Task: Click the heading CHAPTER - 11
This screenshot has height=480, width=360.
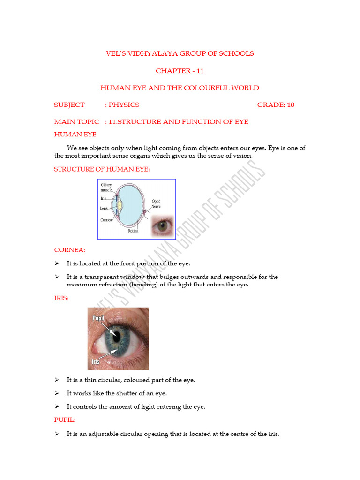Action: click(180, 71)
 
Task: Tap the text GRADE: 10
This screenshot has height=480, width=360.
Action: click(276, 105)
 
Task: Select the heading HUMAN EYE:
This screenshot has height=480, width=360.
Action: click(75, 135)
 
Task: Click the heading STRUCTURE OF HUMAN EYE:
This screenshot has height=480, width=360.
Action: click(102, 169)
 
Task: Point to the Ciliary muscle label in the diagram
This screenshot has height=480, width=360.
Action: click(106, 187)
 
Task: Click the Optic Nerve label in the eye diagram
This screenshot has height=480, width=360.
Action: click(156, 203)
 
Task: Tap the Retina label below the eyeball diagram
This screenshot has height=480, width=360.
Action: click(133, 231)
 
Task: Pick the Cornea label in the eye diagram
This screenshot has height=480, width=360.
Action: click(106, 220)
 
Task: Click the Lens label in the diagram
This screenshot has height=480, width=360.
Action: click(104, 209)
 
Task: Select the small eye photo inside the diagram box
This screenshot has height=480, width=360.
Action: click(162, 225)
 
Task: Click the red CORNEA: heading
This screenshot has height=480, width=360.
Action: click(69, 250)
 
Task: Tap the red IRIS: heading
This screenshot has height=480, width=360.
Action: click(61, 298)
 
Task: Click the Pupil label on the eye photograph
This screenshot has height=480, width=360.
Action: click(98, 318)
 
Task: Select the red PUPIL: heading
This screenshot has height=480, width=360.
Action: click(65, 420)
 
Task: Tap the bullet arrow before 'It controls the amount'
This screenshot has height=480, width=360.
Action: click(57, 407)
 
